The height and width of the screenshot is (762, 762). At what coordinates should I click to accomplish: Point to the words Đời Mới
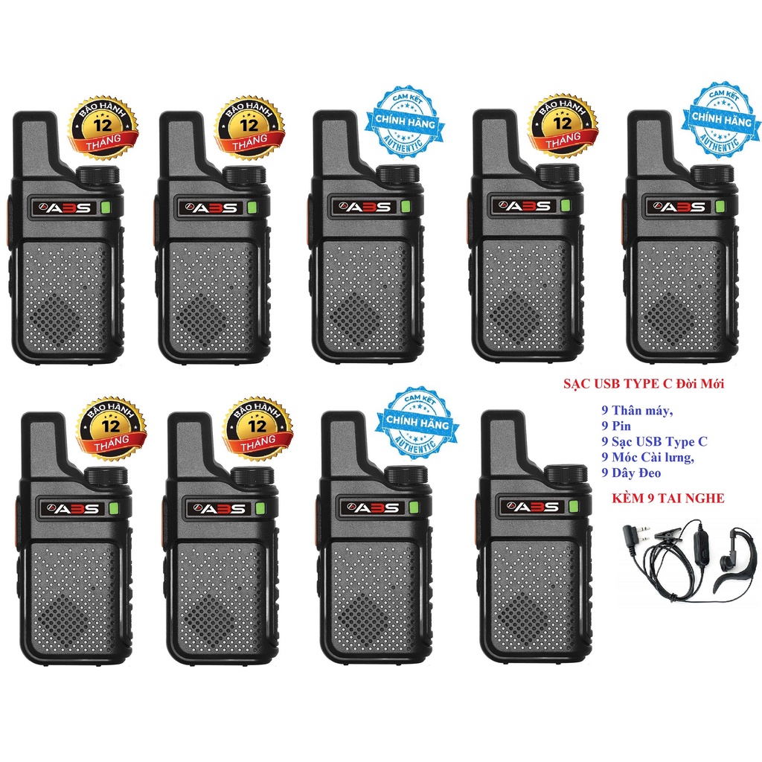tap(708, 384)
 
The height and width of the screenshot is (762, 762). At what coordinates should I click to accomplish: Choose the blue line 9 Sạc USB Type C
tap(655, 442)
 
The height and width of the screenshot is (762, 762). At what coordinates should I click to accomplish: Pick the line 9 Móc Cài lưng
tap(647, 457)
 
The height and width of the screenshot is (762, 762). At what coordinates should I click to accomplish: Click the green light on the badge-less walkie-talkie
tap(573, 508)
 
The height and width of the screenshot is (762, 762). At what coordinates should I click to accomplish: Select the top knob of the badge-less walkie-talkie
tap(566, 475)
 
